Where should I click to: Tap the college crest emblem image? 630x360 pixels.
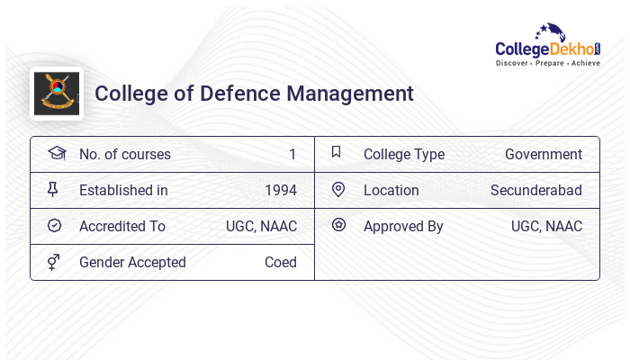coord(57,94)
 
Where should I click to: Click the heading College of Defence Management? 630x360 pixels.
coord(254,94)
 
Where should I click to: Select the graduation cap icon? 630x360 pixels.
coord(57,154)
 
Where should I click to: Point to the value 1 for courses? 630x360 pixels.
coord(292,155)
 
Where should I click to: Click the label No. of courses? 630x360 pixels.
coord(125,155)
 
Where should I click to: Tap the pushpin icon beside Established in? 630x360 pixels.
coord(53,190)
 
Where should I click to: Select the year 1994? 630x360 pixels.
coord(281,191)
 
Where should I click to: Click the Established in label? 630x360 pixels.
coord(123,191)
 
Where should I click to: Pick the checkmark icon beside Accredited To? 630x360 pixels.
coord(54,226)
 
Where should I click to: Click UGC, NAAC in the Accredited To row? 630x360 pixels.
coord(261,227)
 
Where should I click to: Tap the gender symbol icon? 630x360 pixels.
coord(54,262)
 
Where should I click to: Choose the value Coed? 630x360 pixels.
coord(281,263)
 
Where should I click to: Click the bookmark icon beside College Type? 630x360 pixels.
coord(337,153)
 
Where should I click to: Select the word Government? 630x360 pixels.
coord(544,155)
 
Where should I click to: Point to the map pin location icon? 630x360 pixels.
coord(337,190)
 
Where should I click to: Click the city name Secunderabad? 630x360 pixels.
coord(536,191)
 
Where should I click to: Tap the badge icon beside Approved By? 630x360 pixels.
coord(338,225)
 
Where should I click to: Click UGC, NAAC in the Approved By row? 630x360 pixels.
coord(546,227)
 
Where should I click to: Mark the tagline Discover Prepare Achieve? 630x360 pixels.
coord(548,64)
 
